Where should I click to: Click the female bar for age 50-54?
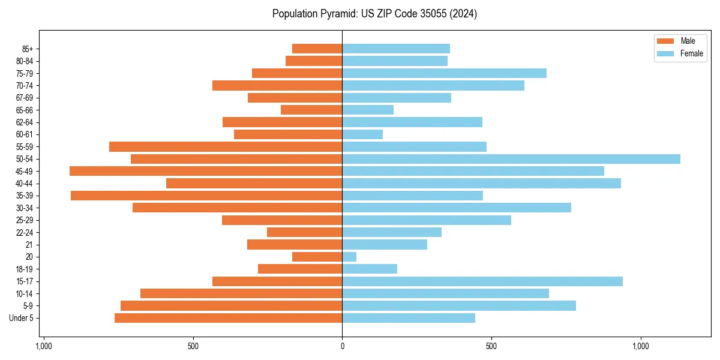(x=511, y=159)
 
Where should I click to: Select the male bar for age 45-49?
(x=206, y=171)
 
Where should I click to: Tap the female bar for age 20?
(x=349, y=257)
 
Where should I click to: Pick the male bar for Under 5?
(x=228, y=318)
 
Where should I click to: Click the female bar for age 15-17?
(x=482, y=281)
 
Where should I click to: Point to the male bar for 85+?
(x=317, y=49)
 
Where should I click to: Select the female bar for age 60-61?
(x=362, y=134)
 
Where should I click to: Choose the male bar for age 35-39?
(x=206, y=196)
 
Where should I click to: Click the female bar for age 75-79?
(x=444, y=73)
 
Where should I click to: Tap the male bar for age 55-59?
(x=226, y=147)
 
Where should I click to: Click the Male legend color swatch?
(x=665, y=41)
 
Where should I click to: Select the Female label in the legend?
(x=691, y=53)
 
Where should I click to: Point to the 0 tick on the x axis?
(x=342, y=346)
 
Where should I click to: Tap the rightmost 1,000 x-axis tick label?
(x=641, y=346)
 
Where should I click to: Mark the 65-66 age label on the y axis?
(x=24, y=110)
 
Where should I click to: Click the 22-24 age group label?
(x=24, y=233)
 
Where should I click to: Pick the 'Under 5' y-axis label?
(x=21, y=318)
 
